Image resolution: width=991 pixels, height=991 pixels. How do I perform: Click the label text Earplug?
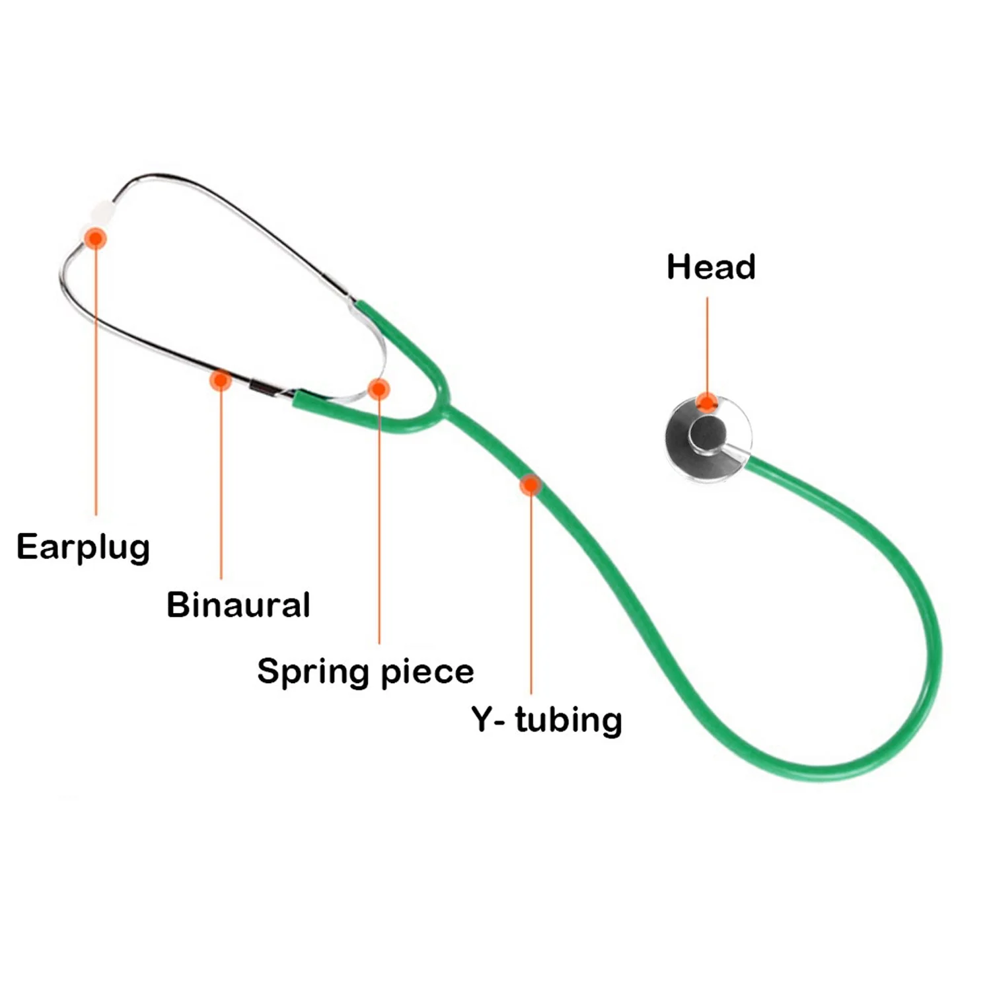pos(83,548)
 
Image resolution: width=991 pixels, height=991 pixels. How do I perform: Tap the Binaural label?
pos(238,605)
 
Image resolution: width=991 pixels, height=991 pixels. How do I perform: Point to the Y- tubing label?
pos(546,719)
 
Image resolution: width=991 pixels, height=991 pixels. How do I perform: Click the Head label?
pos(711,267)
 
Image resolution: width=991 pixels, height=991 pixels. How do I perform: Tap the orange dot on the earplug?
pos(96,238)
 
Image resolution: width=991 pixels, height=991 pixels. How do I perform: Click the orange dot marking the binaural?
pos(220,380)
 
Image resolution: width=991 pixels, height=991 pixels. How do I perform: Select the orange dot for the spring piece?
pos(379,389)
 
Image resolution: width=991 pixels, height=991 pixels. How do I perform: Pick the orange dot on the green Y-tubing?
pos(530,486)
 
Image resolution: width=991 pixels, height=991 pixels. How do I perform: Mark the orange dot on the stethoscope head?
pos(707,402)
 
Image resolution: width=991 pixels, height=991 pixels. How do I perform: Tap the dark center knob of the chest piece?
pos(708,433)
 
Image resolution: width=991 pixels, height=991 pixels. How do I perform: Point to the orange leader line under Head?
pos(707,344)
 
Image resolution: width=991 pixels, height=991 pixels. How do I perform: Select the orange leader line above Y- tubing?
pos(531,595)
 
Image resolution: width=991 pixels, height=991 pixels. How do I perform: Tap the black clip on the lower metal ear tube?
pos(262,388)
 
